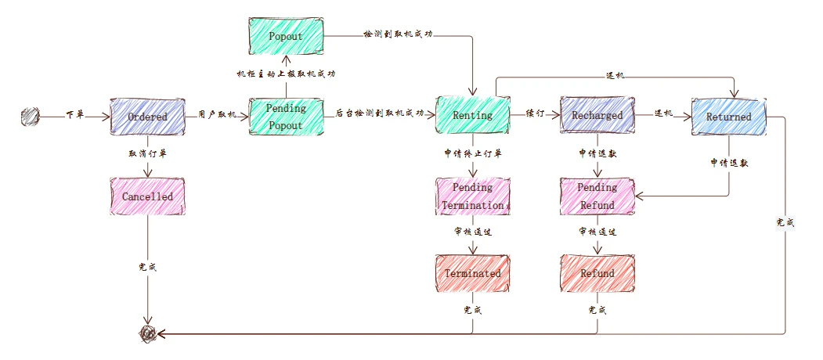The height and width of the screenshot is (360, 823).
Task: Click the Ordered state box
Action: [x=147, y=117]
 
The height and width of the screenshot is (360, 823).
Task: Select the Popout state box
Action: [x=286, y=36]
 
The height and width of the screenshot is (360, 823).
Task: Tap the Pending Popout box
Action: [x=286, y=117]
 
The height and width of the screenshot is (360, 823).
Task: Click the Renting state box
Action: [x=473, y=115]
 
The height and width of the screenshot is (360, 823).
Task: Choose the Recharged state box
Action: [x=597, y=115]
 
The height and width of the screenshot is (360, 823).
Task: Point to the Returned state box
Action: [x=728, y=117]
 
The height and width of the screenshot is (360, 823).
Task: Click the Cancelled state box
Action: [x=147, y=196]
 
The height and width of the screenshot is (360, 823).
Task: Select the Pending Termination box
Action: [x=473, y=196]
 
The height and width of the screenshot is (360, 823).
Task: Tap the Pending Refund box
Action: [x=597, y=196]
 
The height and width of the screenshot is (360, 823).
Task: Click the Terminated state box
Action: [x=473, y=273]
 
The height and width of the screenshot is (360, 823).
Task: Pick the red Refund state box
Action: [x=597, y=273]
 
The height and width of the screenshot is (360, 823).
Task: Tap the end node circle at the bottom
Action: [x=147, y=334]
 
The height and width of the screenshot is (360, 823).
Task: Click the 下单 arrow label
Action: [x=75, y=115]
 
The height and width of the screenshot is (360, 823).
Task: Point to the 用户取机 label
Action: [x=217, y=115]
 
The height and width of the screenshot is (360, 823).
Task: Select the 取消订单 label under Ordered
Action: [x=147, y=153]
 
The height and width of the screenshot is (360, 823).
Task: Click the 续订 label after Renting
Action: [x=535, y=113]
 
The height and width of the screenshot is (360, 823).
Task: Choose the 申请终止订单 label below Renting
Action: [x=473, y=153]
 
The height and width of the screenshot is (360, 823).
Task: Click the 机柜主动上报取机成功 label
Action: [x=286, y=74]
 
